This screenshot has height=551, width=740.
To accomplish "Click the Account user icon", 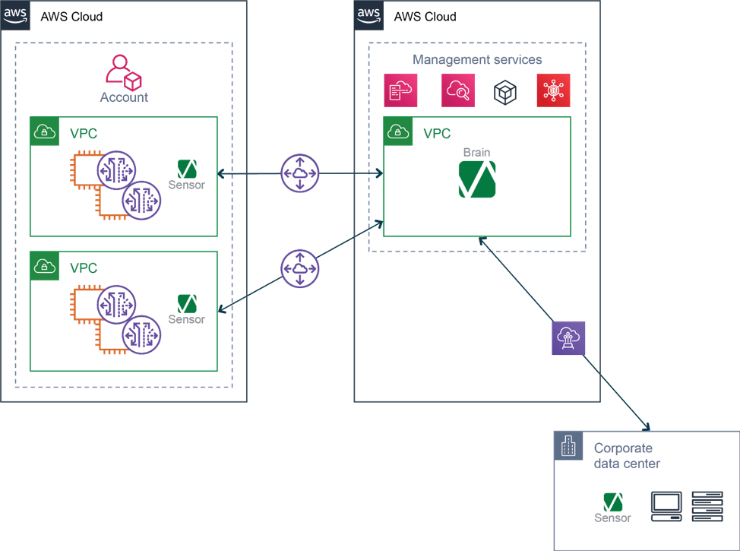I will click(124, 71).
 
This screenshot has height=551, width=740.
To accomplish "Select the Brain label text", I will click(476, 152).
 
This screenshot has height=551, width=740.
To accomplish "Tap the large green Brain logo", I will click(477, 180).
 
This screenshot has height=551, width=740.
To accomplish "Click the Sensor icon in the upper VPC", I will click(187, 169).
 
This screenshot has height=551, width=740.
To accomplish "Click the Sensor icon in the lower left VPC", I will click(187, 303).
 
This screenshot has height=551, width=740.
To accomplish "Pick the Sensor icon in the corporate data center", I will click(612, 502).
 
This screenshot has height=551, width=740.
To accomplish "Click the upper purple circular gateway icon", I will click(300, 173).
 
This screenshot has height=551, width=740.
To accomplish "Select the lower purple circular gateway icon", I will click(300, 269).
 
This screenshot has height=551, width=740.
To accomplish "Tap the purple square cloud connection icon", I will click(569, 338).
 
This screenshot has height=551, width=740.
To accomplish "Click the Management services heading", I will click(477, 60).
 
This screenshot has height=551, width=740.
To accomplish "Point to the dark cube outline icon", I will click(505, 92).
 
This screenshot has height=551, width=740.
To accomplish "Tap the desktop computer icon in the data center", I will click(666, 506).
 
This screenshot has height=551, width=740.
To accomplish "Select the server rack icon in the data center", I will click(707, 506).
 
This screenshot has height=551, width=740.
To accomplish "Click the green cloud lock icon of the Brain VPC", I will click(399, 131).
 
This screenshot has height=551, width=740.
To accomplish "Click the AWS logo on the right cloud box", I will click(368, 15).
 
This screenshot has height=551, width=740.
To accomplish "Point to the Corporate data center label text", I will click(626, 456).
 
